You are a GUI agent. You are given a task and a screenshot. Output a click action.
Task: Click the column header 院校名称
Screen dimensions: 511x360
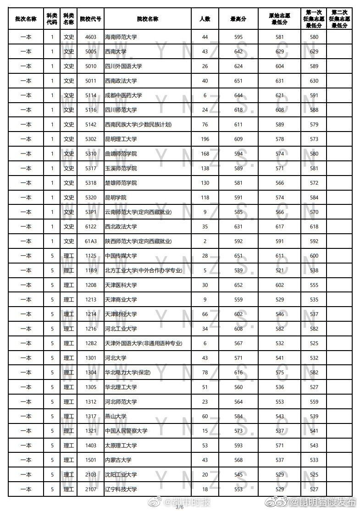[x=148, y=19]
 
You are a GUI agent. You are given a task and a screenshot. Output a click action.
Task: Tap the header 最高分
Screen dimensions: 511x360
[x=238, y=19]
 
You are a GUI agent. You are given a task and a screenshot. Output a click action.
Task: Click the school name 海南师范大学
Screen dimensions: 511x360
[x=121, y=37]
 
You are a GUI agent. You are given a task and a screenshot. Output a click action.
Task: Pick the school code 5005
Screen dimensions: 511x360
[x=91, y=52]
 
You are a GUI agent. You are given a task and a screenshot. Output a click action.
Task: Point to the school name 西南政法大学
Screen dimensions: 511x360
[x=121, y=81]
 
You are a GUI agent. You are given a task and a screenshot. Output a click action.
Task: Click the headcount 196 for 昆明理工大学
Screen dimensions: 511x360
[x=205, y=139]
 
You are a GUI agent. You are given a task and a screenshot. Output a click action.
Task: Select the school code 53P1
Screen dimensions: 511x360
[x=91, y=212]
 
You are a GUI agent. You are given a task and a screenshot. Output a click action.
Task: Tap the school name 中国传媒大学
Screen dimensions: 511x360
[x=121, y=256]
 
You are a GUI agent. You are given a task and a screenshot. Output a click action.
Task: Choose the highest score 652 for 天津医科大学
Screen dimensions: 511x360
[x=238, y=285]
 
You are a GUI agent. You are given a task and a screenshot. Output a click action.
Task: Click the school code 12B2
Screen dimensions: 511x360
[x=91, y=343]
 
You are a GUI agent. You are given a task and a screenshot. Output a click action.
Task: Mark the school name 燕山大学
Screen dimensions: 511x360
[x=115, y=416]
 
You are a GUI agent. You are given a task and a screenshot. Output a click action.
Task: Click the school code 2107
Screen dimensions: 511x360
[x=91, y=489]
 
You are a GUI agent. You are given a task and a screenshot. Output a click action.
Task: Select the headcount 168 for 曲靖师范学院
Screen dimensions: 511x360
[x=205, y=154]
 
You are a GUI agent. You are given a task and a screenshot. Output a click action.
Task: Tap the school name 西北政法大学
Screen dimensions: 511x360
[x=121, y=226]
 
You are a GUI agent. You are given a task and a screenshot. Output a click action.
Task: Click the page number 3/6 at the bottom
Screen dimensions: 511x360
[x=179, y=507]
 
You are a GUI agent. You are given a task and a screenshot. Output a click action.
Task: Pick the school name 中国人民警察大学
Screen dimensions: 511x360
[x=126, y=431]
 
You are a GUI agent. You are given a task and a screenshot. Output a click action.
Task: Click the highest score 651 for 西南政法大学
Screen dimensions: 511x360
[x=238, y=81]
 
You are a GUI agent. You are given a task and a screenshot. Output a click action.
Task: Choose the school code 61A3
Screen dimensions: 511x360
[x=91, y=241]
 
